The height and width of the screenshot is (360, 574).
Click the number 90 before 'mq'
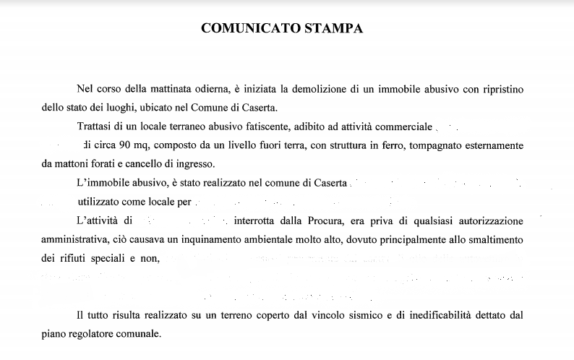[x=123, y=145]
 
